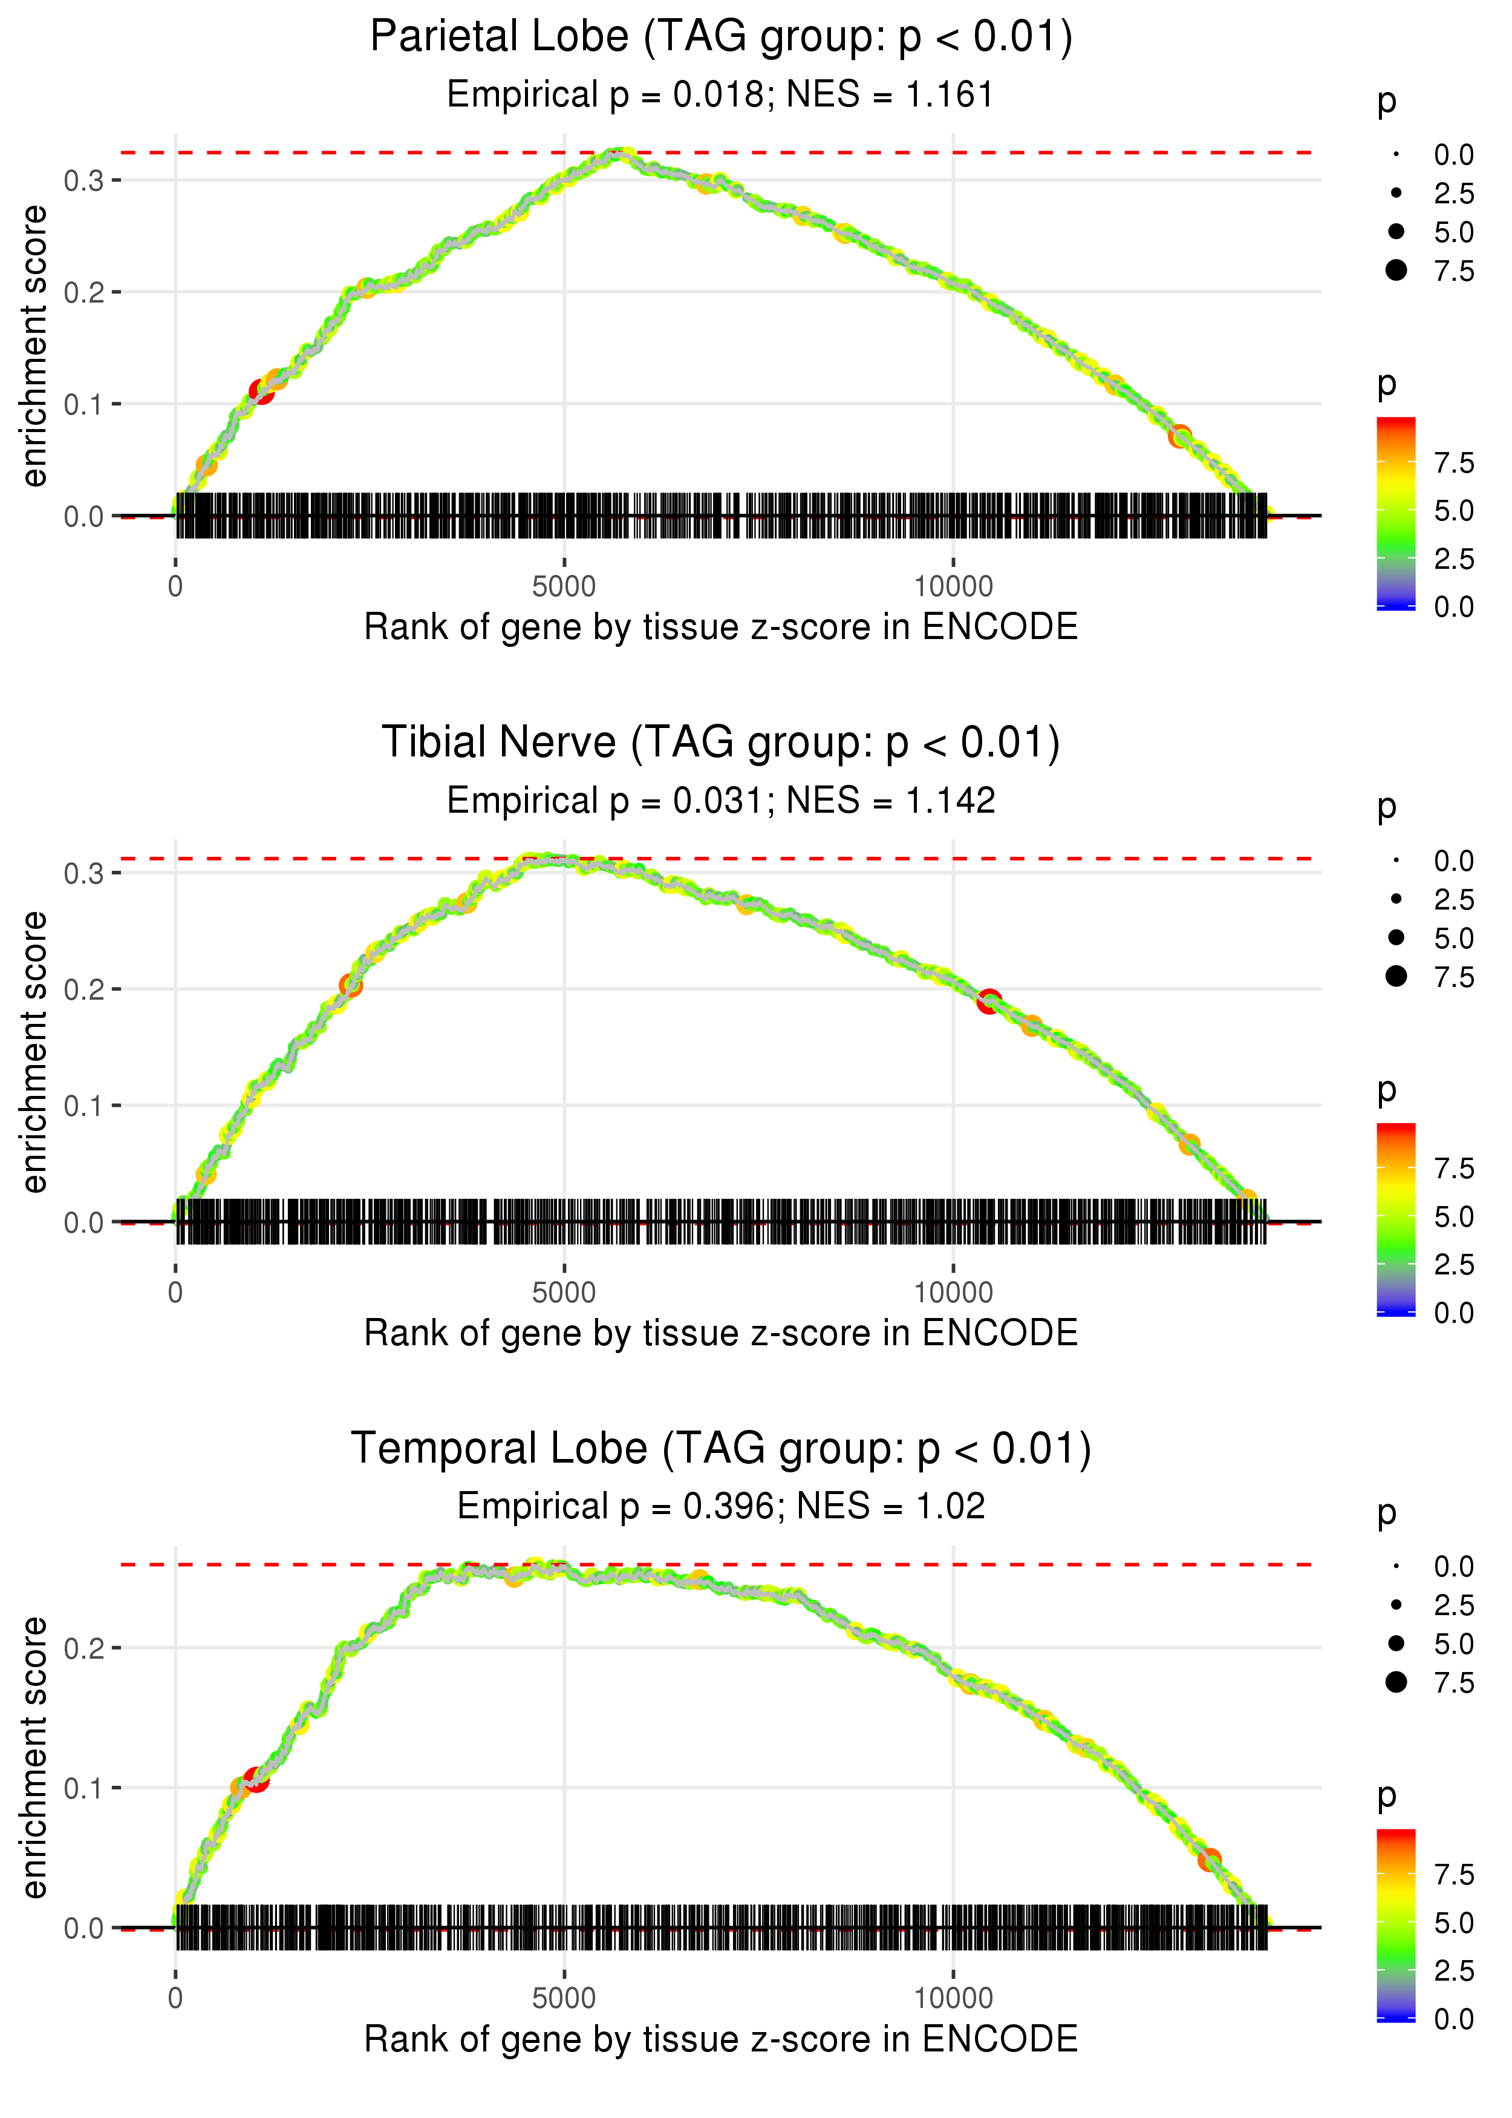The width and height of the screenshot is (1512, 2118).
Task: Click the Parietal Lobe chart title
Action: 721,38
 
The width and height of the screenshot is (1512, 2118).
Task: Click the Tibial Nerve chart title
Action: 721,743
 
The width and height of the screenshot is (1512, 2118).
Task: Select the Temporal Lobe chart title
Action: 721,1449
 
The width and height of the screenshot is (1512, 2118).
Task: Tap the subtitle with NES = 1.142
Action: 721,801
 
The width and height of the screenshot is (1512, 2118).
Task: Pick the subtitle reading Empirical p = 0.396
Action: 721,1506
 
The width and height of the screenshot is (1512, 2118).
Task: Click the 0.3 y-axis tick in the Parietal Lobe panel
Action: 84,181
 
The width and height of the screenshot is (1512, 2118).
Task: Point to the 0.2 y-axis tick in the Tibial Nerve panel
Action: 84,990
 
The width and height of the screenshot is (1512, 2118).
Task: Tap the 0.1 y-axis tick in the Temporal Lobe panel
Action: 84,1788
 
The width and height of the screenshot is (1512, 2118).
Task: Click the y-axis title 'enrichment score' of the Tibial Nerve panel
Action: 34,1052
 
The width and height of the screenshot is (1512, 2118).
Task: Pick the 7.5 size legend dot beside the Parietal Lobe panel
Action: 1396,270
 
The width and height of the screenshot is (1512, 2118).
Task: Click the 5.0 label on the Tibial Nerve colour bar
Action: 1453,1216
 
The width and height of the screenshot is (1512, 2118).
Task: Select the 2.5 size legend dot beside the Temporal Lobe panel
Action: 1396,1605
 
